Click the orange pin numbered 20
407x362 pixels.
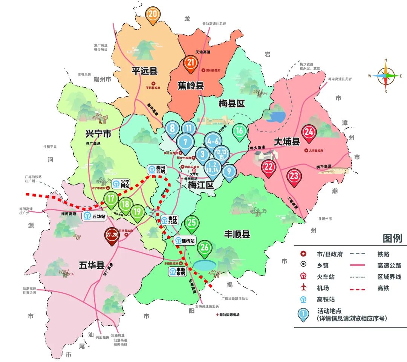153,15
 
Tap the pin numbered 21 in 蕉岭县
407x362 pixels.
191,63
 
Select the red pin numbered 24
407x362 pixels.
309,133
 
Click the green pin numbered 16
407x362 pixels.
239,131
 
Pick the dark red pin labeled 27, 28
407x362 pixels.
112,235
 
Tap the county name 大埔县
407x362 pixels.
286,142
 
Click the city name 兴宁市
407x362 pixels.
98,133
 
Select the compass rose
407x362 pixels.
386,75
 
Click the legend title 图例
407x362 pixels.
392,238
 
